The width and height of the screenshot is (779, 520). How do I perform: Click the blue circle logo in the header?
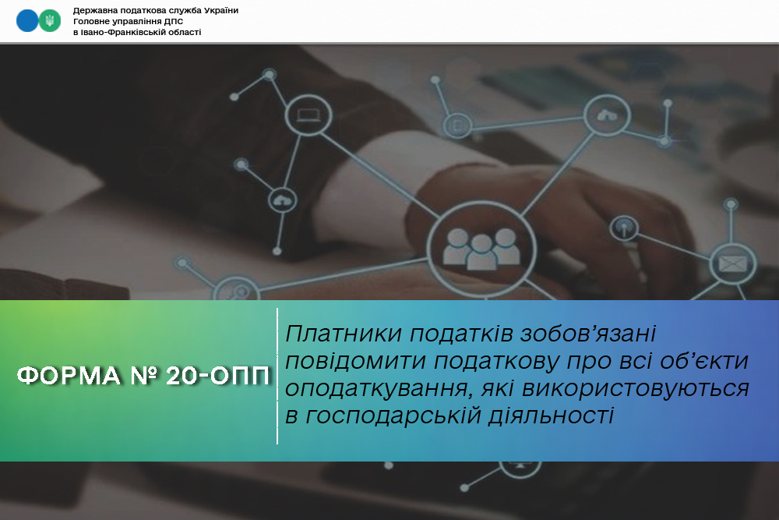(26, 21)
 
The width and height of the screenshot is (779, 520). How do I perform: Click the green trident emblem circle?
(50, 21)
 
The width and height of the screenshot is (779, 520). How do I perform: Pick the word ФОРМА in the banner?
(69, 377)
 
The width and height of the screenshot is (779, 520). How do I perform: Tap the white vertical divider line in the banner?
(277, 377)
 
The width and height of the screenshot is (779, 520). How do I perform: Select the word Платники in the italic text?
(344, 334)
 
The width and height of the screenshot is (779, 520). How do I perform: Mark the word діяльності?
(551, 415)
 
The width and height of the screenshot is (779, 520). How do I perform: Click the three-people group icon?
(481, 249)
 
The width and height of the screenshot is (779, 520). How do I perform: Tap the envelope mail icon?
(733, 264)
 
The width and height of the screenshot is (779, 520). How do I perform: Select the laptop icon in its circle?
(308, 115)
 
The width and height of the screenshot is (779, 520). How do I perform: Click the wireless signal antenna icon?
(624, 228)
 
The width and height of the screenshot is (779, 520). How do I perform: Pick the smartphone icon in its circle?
(457, 126)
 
